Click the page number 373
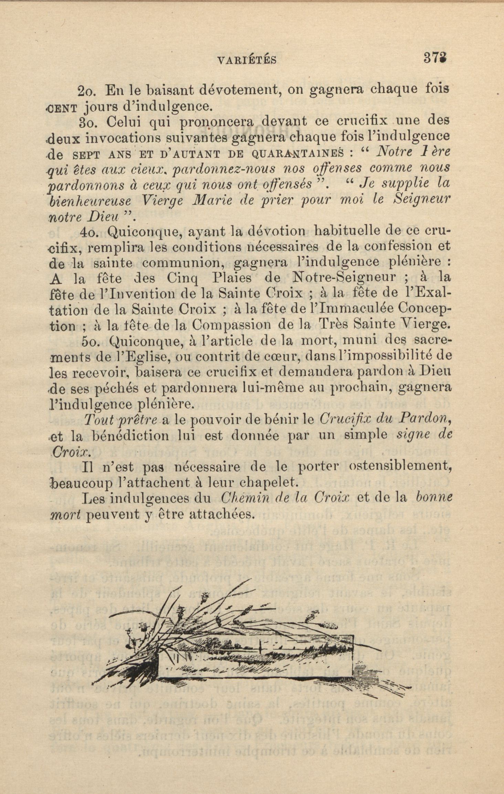coord(436,57)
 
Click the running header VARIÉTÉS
coord(247,61)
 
